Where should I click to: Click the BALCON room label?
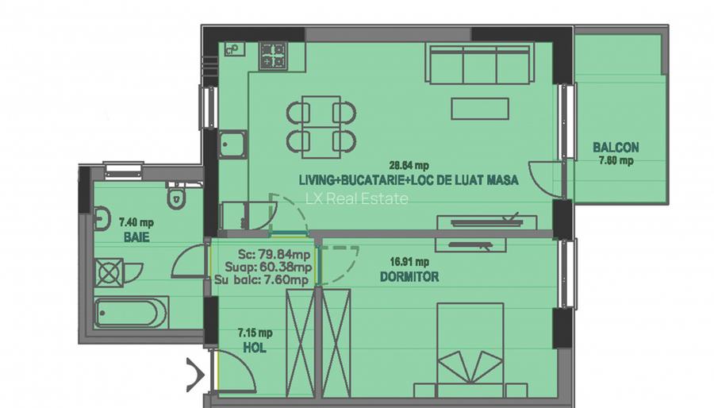point(615,148)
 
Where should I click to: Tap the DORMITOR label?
point(409,277)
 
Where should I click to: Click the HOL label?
point(254,347)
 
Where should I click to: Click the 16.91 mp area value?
point(409,261)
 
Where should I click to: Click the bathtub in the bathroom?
point(131,313)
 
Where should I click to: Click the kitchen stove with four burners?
point(274,54)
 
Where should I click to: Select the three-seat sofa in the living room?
point(478,64)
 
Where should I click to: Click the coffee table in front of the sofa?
point(480,108)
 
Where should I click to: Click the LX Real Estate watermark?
point(357,198)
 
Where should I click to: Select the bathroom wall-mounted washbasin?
point(102,216)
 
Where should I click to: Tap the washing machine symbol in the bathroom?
point(109,272)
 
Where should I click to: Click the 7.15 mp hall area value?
point(254,333)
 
